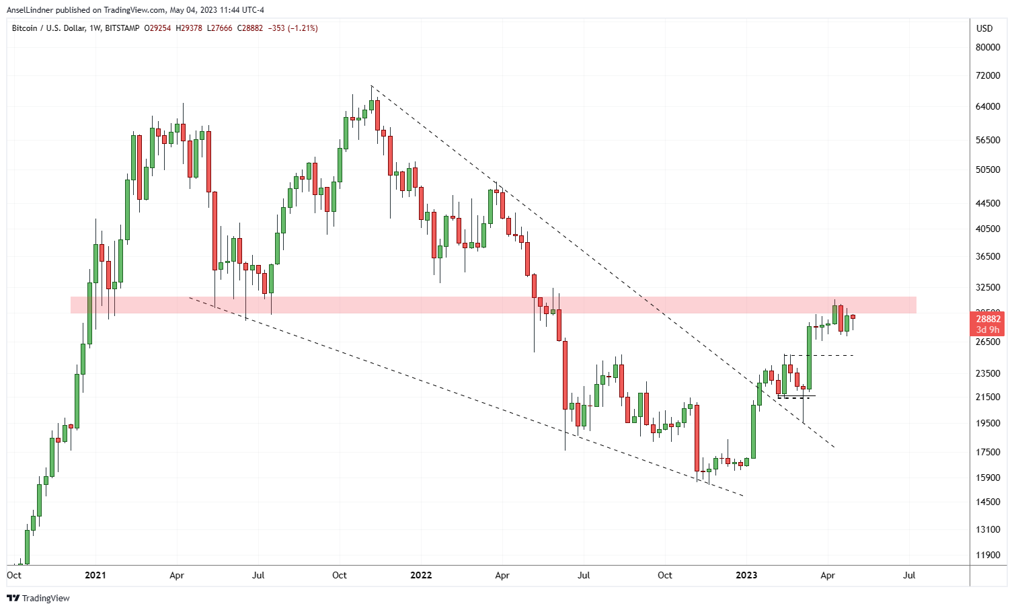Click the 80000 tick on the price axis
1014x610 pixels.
coord(988,47)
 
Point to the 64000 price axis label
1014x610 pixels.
coord(988,106)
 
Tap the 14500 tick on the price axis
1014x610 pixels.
coord(988,502)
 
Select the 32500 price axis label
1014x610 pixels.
coord(988,287)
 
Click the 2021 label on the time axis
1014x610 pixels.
coord(95,575)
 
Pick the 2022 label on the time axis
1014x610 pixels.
coord(421,575)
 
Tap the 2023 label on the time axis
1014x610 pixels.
coord(746,575)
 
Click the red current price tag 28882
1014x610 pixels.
coord(988,319)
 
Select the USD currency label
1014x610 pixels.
coord(984,28)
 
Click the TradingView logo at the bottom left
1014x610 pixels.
coord(38,598)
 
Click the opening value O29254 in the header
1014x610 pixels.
coord(158,28)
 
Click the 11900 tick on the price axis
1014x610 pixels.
coord(988,555)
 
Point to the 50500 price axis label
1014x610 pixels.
coord(988,169)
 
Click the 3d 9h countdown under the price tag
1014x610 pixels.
coord(988,330)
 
